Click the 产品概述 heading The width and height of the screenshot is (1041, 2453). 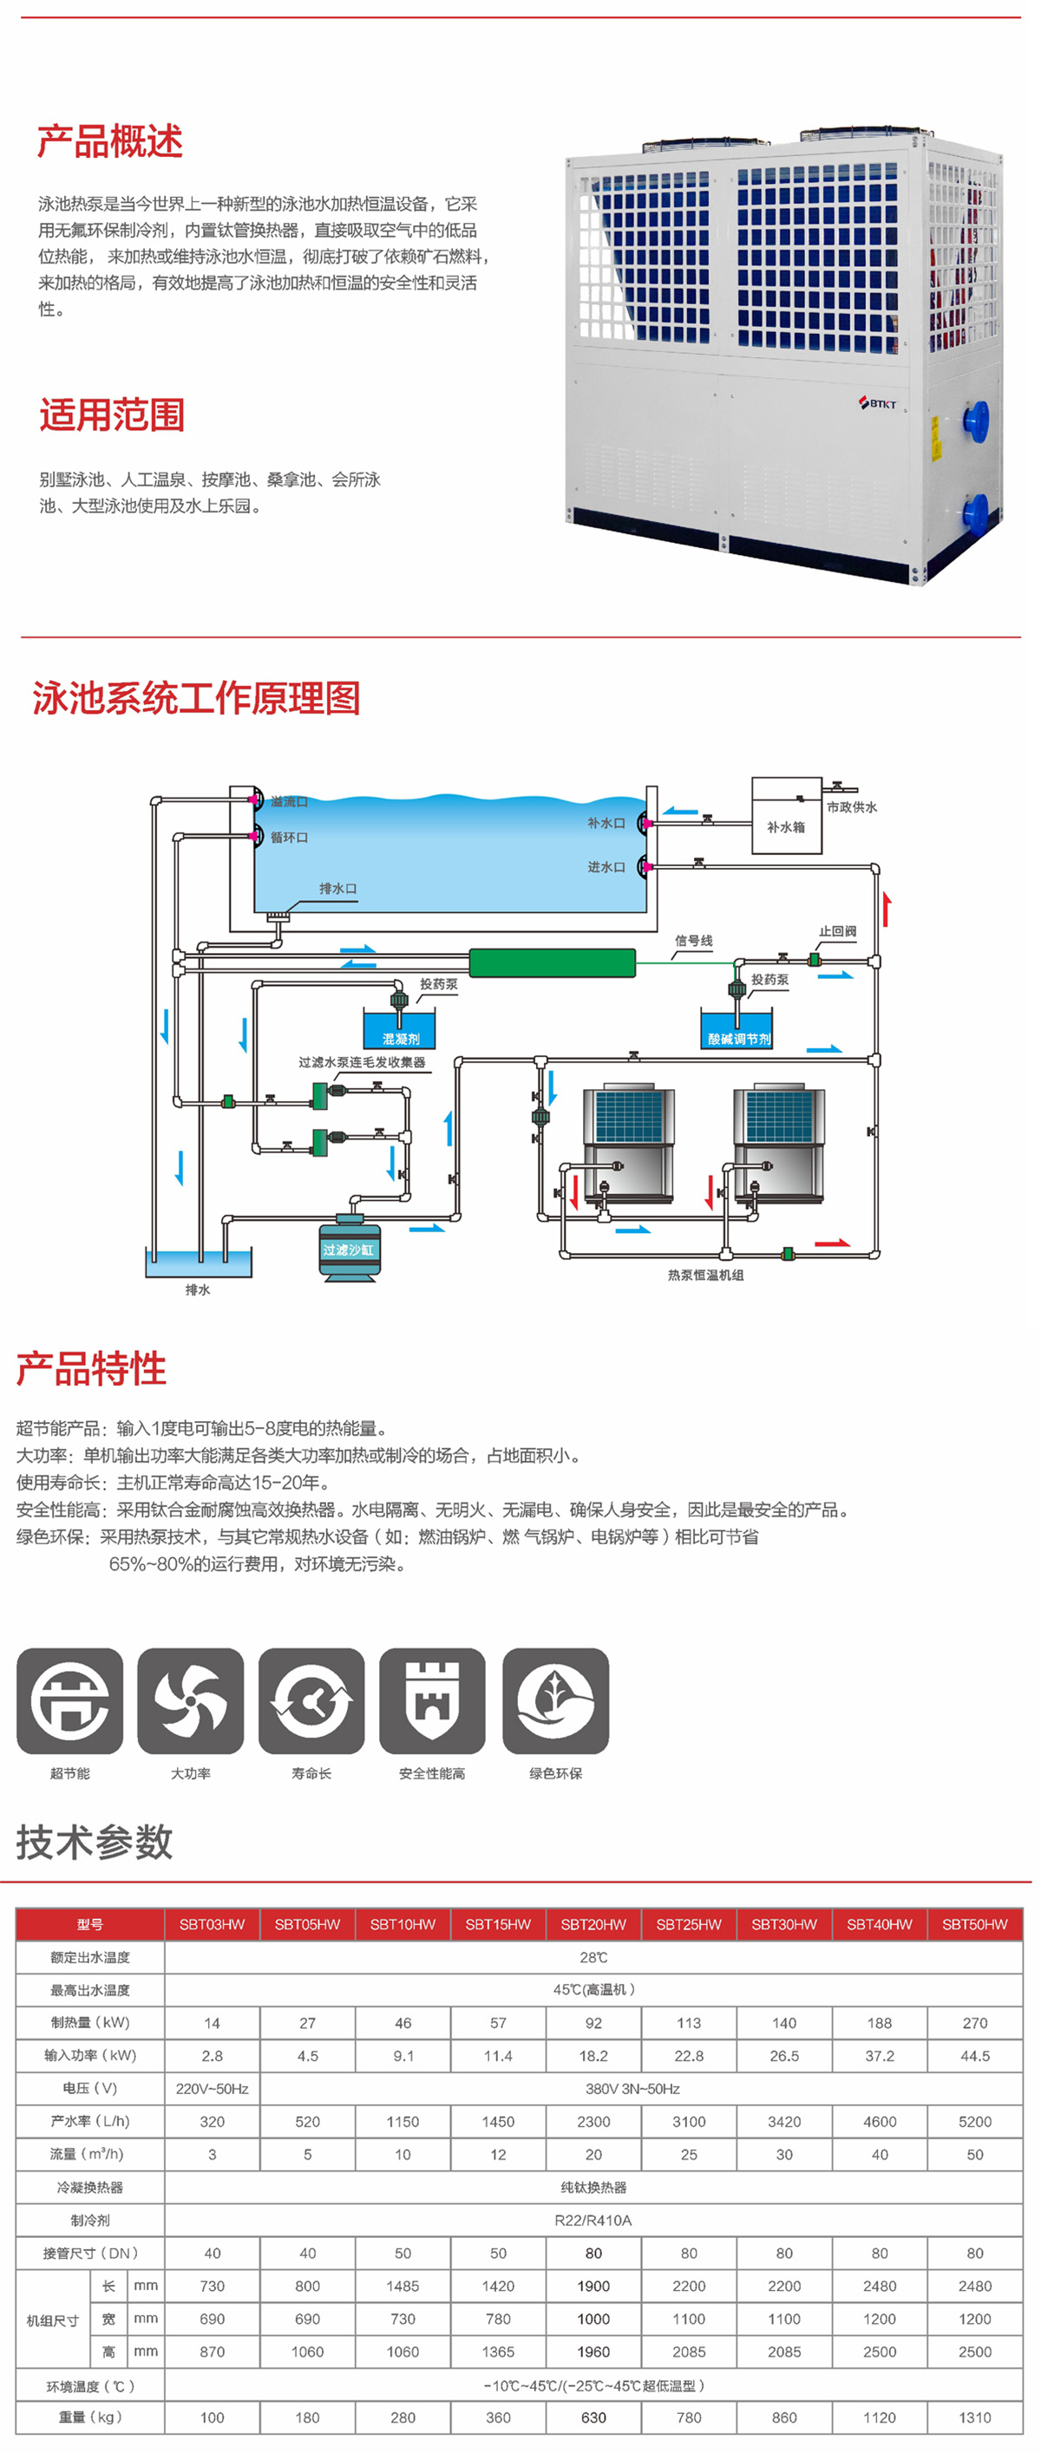click(x=109, y=142)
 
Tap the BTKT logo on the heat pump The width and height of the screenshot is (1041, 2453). click(x=877, y=403)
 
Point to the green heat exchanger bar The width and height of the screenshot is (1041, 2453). click(x=552, y=962)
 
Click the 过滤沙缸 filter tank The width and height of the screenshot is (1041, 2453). click(x=349, y=1249)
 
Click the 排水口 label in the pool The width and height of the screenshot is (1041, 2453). click(x=338, y=889)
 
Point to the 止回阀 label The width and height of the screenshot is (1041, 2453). click(x=837, y=930)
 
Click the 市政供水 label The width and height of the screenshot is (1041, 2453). click(x=852, y=806)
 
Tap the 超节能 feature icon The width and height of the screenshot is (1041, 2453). click(x=69, y=1700)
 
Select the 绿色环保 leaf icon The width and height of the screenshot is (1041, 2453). click(x=555, y=1700)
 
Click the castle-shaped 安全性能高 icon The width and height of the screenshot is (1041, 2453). click(x=432, y=1700)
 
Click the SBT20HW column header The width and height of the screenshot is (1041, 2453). click(x=593, y=1924)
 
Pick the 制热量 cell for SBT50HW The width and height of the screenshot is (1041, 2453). click(x=974, y=2023)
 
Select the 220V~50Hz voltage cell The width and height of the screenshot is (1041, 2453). click(x=213, y=2088)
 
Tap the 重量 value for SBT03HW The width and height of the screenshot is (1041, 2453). click(x=213, y=2417)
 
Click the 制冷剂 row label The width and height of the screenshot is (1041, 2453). click(x=90, y=2220)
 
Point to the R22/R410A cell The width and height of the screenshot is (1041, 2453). click(x=593, y=2220)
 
